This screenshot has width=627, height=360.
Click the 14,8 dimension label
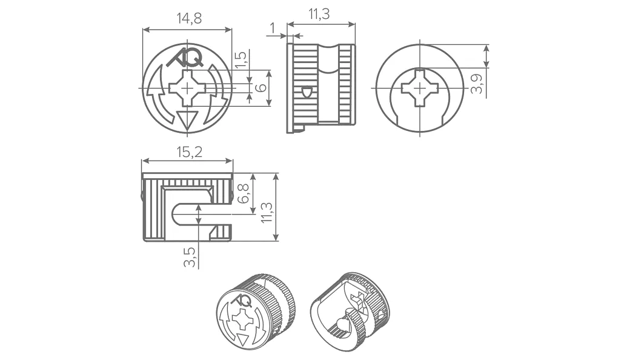pyautogui.click(x=189, y=18)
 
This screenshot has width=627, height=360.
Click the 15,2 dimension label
pyautogui.click(x=189, y=152)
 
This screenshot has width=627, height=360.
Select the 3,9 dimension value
pyautogui.click(x=477, y=84)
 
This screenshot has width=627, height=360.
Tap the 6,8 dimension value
pyautogui.click(x=243, y=193)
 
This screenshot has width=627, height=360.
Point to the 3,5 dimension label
pyautogui.click(x=190, y=257)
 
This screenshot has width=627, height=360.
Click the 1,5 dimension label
pyautogui.click(x=241, y=60)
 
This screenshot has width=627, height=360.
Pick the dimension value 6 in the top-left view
pyautogui.click(x=260, y=88)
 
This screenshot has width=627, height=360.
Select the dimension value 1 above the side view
pyautogui.click(x=273, y=28)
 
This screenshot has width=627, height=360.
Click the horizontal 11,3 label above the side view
pyautogui.click(x=319, y=14)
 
